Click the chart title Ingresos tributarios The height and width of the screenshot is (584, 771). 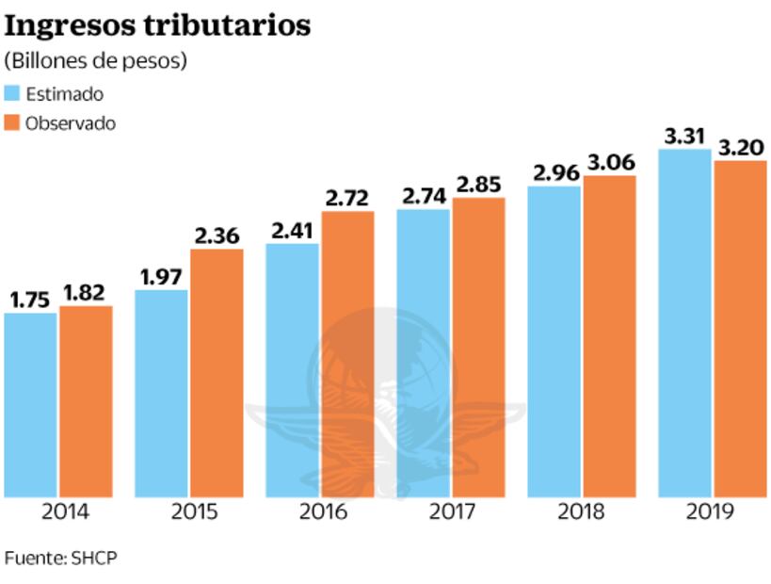157,25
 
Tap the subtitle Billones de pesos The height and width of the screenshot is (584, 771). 96,61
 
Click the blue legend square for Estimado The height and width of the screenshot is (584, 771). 12,93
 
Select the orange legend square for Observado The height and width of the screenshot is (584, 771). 12,123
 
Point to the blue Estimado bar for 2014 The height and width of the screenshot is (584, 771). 30,405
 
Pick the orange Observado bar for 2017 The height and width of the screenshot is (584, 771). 478,348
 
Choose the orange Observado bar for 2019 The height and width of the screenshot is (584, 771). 740,329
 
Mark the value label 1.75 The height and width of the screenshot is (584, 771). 30,300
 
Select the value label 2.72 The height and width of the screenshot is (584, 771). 347,199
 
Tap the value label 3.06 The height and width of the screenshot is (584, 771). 609,163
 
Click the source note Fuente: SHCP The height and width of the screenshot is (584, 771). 61,557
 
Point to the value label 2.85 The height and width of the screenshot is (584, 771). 478,185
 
